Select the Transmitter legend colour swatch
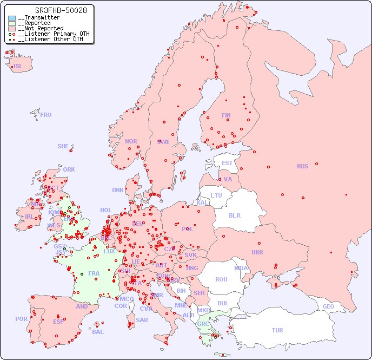pos(11,18)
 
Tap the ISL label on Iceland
pos(18,67)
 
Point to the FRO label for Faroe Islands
pos(46,115)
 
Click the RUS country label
pos(302,166)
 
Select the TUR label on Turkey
pos(277,330)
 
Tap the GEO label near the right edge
pos(328,306)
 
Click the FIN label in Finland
pos(226,115)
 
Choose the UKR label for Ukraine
pos(257,252)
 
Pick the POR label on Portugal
pos(21,319)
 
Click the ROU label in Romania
pos(221,279)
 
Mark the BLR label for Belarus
pos(234,215)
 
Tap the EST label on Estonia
pos(227,163)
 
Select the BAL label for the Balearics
pos(98,332)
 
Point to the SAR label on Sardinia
pos(142,320)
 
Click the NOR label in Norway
pos(131,141)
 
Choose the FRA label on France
pos(94,273)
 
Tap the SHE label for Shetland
pos(63,146)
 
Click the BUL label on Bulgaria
pos(223,303)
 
